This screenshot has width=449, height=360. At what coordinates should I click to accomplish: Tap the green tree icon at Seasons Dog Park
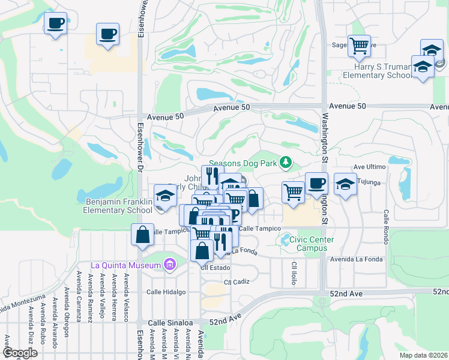pos(286,162)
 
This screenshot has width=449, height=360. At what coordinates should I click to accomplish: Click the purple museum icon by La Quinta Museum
pos(169,264)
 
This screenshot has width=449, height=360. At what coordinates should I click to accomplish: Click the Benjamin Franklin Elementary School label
pos(118,206)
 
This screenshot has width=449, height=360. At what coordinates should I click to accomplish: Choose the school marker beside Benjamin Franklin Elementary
pos(165,195)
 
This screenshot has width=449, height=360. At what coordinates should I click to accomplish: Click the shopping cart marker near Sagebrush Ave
pos(359,46)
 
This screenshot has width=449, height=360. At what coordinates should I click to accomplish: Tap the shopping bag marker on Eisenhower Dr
pos(143,235)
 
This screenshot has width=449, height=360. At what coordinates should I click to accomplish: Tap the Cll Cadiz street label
pos(236,281)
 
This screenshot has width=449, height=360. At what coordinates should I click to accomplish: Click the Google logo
pos(20,353)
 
